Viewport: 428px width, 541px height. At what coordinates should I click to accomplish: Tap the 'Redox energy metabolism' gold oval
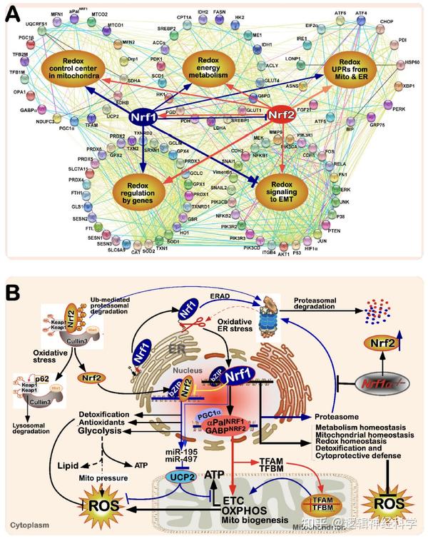tap(213, 66)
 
